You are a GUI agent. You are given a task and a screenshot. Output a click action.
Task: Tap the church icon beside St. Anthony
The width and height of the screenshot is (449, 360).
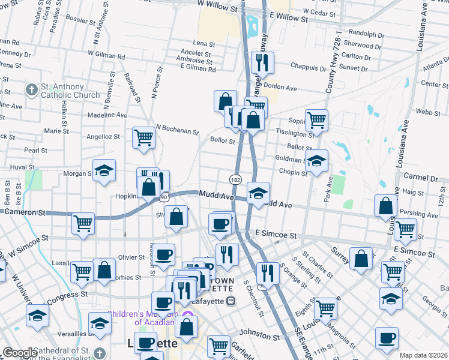click(x=32, y=91)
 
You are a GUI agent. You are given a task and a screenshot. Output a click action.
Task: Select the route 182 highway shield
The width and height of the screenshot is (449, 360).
click(x=235, y=179)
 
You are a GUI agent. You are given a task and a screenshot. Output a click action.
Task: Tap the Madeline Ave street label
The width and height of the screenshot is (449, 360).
click(x=107, y=115)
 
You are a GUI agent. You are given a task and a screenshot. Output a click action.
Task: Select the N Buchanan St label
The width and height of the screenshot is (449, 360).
click(x=177, y=129)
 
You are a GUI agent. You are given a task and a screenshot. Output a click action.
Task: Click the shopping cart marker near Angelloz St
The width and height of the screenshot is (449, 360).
click(x=144, y=137)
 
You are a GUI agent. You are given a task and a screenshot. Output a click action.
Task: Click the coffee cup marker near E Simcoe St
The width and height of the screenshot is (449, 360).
click(x=220, y=224)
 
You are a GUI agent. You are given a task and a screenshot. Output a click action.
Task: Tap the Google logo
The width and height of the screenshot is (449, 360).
click(x=20, y=353)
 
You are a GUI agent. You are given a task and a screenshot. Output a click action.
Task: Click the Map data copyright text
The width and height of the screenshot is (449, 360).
click(x=423, y=355)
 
